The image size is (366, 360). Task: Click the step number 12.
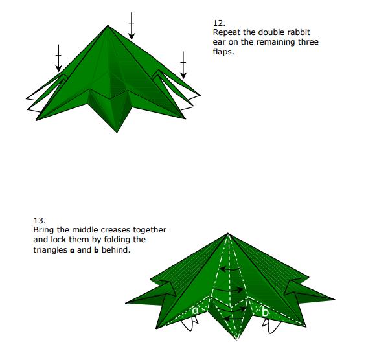(219, 23)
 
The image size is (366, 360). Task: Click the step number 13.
(40, 221)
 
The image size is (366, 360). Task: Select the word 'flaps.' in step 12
(223, 52)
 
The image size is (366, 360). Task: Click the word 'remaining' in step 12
(276, 42)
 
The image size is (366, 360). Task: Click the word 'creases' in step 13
(116, 230)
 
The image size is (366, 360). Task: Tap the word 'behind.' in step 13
(116, 250)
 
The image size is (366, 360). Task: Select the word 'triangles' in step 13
(50, 250)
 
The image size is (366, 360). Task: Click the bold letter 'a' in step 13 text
(72, 251)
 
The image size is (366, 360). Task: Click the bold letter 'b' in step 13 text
(96, 250)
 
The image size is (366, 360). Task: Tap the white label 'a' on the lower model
(196, 310)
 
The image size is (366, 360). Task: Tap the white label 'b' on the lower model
(265, 311)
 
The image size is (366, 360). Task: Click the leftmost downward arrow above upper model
(58, 58)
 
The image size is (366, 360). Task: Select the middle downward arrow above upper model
(132, 26)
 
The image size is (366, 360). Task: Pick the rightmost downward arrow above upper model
(183, 65)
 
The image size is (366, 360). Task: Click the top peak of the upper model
(108, 25)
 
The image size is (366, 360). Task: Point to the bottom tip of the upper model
(117, 132)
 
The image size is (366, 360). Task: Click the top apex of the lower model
(228, 233)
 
